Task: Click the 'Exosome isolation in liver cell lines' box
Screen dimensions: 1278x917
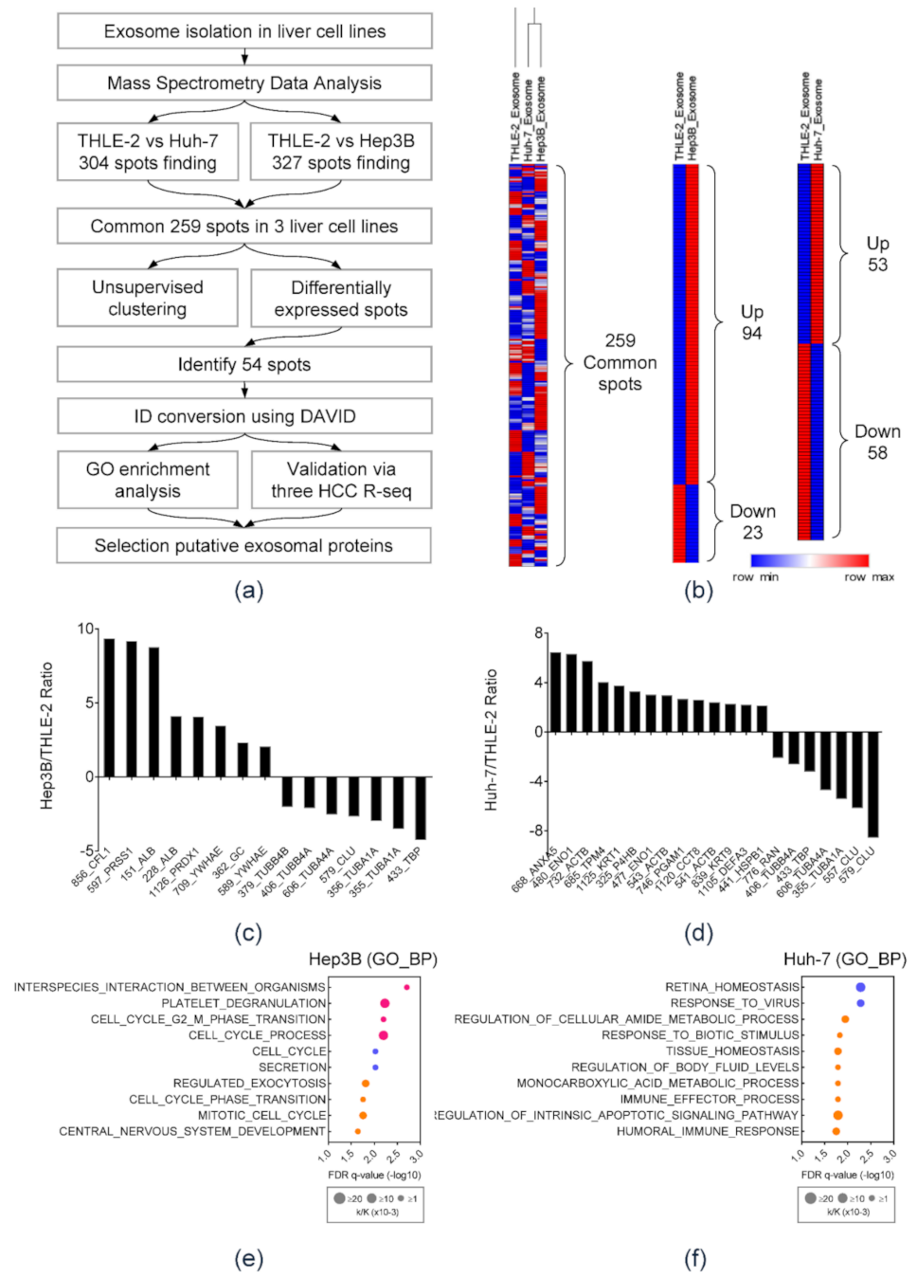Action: tap(244, 31)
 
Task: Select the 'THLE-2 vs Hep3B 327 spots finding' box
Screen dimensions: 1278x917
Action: tap(341, 152)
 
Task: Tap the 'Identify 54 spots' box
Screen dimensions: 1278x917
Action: tap(244, 364)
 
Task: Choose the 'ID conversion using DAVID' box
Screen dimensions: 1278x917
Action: tap(244, 416)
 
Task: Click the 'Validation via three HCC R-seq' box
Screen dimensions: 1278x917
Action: tap(341, 480)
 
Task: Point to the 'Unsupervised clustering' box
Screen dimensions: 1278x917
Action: tap(148, 298)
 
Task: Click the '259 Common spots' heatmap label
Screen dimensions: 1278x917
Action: tap(620, 362)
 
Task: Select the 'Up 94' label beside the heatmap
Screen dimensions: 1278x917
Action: tap(752, 322)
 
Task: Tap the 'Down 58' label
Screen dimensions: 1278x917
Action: tap(877, 442)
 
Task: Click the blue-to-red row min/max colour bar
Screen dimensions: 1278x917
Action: tap(809, 560)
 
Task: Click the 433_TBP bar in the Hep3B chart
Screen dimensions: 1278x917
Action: tap(421, 808)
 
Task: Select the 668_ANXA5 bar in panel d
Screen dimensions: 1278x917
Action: tap(556, 692)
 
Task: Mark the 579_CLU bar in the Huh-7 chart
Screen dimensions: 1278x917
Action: tap(872, 784)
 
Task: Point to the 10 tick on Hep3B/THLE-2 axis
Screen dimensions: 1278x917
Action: tap(86, 630)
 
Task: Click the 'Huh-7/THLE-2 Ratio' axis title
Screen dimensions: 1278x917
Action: tap(491, 739)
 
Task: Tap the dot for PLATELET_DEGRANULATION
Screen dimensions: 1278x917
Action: tap(385, 1003)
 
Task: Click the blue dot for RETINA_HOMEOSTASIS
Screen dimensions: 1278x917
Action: tap(860, 987)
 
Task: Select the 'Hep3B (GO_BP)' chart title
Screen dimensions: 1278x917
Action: tap(372, 959)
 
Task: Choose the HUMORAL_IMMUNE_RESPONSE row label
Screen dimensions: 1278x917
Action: tap(708, 1131)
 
